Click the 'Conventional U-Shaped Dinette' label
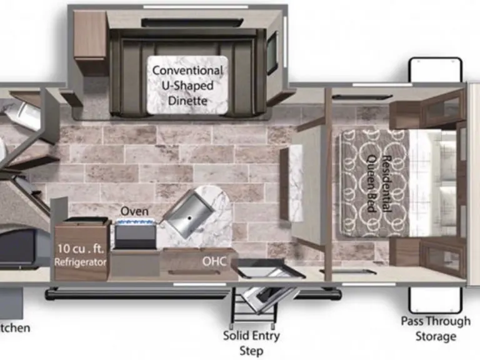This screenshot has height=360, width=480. coord(187,85)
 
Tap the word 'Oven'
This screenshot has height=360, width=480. coord(134,211)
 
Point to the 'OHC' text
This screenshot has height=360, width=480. coord(214,260)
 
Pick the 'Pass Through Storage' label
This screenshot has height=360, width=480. coord(436,329)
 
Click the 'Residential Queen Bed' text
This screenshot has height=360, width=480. coord(378,183)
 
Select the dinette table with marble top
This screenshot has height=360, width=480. coord(187,86)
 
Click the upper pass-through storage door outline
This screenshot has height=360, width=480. coord(436,69)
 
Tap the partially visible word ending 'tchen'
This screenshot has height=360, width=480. coord(14,327)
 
